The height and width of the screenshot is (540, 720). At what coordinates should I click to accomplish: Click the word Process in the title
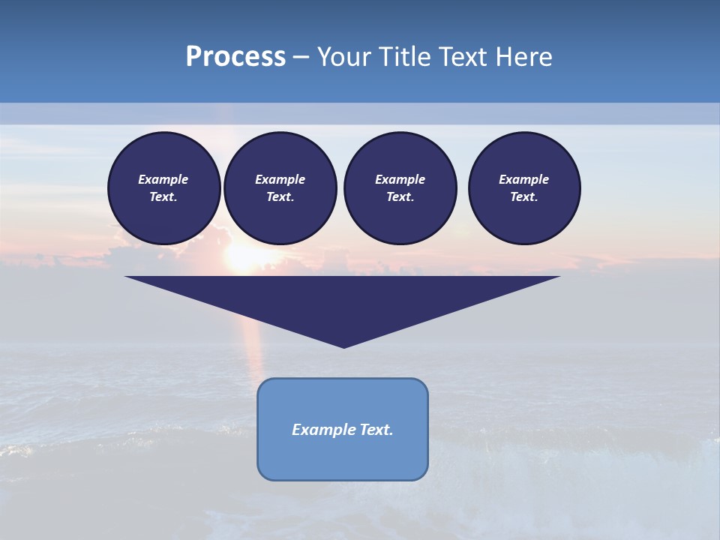235,57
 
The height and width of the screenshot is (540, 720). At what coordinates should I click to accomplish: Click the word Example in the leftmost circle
163,179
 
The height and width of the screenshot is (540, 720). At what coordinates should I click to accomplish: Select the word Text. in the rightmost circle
524,197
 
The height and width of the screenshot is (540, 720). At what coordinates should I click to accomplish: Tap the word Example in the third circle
400,179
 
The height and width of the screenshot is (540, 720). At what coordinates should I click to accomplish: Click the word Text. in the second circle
280,197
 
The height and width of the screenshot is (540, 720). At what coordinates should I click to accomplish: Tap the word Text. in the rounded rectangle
377,430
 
